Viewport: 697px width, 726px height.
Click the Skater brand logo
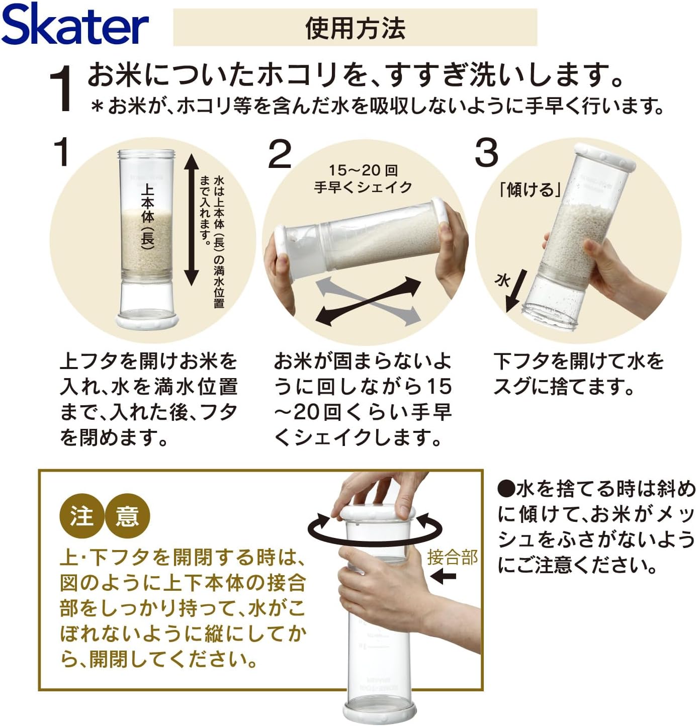74,25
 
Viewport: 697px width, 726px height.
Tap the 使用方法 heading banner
355,27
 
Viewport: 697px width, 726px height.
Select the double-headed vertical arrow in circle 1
192,220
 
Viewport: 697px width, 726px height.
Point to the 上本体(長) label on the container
147,216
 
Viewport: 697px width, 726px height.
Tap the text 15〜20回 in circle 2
363,170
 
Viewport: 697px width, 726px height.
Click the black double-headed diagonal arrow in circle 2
368,300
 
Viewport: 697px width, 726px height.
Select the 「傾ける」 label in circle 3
530,190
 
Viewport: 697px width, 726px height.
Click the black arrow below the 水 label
516,291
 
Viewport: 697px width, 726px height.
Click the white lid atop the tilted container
604,157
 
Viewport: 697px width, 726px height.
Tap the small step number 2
280,154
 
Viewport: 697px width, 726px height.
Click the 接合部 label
452,558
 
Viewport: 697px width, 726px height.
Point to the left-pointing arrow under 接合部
443,576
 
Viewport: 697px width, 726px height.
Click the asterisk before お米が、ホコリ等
98,106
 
